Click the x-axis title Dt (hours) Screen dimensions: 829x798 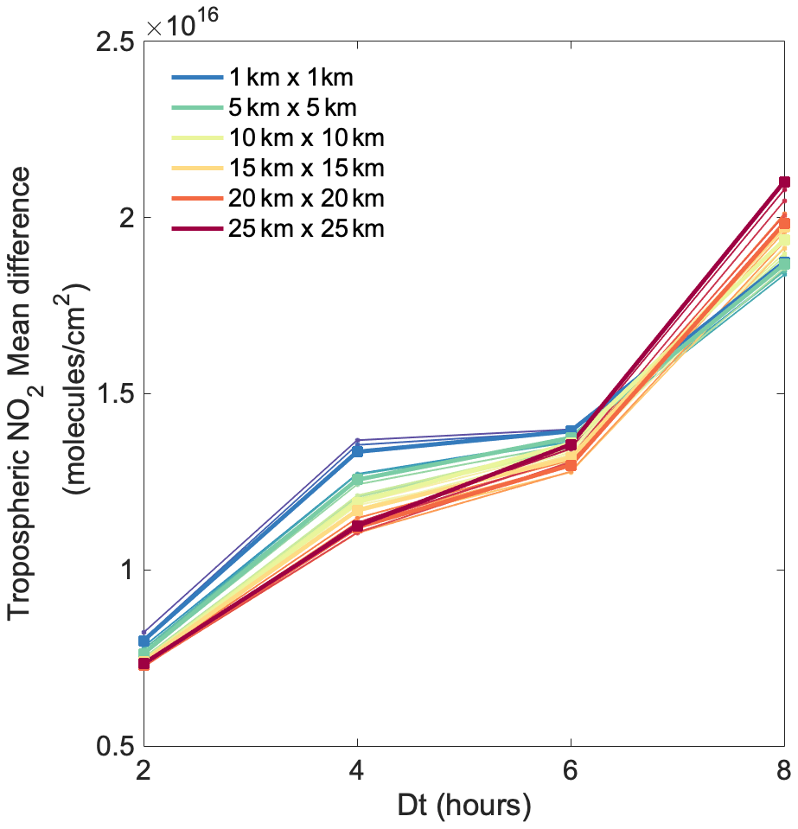click(464, 807)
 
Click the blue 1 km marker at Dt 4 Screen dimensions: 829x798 click(357, 451)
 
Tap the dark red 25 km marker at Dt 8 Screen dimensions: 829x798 click(784, 182)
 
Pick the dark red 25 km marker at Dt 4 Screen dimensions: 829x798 click(357, 526)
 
